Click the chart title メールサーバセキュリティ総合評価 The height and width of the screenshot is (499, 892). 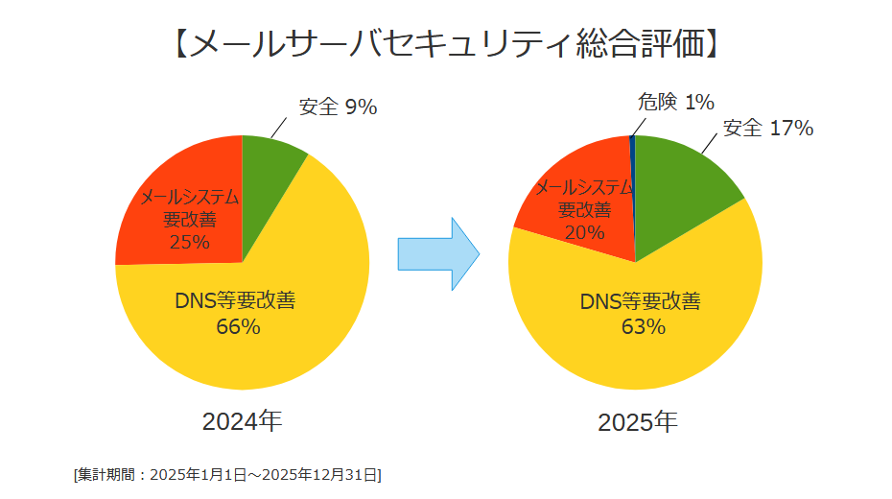coord(446,43)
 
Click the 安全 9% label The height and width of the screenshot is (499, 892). coord(338,107)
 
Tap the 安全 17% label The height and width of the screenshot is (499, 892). coord(767,128)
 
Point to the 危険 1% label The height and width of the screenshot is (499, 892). coord(676,102)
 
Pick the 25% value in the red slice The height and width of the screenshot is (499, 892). coord(189,242)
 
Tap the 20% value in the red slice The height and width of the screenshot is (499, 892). coord(584,232)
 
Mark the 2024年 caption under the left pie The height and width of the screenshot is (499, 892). coord(242,420)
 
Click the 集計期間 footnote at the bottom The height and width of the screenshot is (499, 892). coord(227,474)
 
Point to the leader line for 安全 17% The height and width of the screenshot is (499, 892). coord(711,142)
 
